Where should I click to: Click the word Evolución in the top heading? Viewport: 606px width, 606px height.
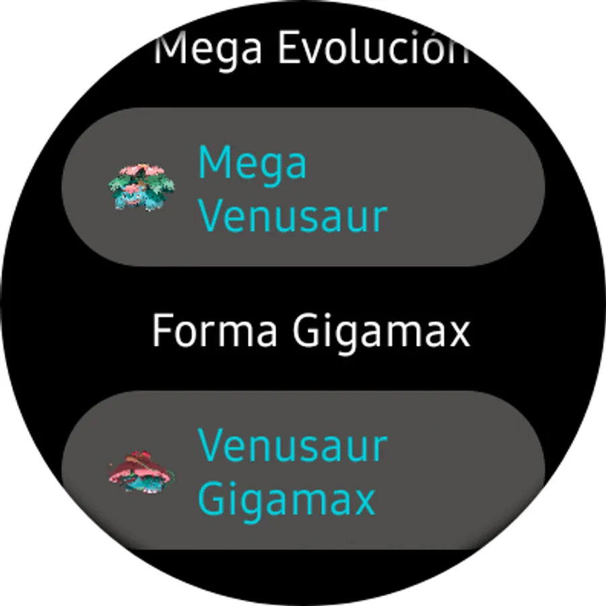pyautogui.click(x=373, y=47)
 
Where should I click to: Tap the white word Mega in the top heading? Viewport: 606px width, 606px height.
pyautogui.click(x=208, y=51)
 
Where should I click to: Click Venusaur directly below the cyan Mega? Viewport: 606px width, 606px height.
pyautogui.click(x=293, y=215)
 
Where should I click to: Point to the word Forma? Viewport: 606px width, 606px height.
pyautogui.click(x=215, y=331)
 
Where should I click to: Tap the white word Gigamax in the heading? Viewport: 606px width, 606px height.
pyautogui.click(x=382, y=334)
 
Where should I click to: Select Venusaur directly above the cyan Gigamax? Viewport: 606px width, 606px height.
pyautogui.click(x=293, y=445)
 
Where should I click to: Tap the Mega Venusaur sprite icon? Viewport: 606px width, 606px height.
pyautogui.click(x=141, y=187)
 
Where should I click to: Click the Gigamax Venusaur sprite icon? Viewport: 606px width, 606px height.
pyautogui.click(x=141, y=471)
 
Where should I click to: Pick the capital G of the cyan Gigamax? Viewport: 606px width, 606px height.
pyautogui.click(x=211, y=498)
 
